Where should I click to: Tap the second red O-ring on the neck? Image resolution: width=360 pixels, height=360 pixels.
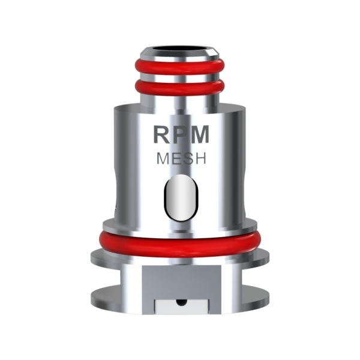point(181,89)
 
